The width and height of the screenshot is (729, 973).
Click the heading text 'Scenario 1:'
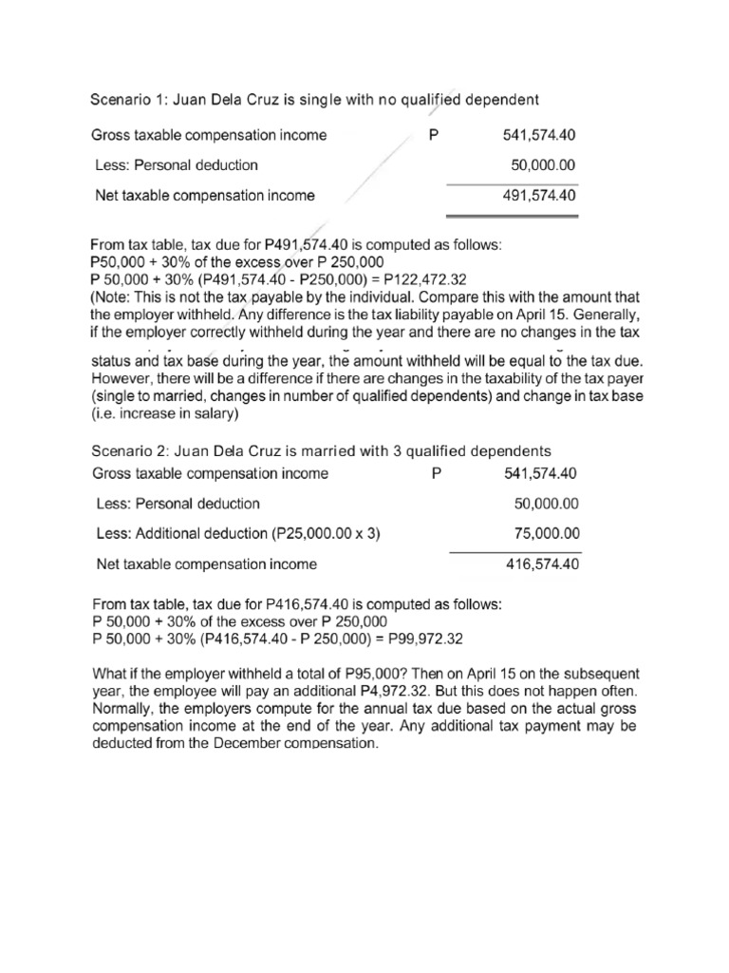[x=125, y=99]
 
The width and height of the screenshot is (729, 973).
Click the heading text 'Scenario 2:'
[x=125, y=450]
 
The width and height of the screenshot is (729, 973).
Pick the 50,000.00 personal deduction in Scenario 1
[x=544, y=165]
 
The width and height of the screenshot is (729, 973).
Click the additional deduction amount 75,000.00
[x=546, y=534]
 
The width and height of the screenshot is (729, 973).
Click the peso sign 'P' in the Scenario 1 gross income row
[x=434, y=135]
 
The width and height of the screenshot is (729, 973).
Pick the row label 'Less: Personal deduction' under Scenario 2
[x=178, y=504]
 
